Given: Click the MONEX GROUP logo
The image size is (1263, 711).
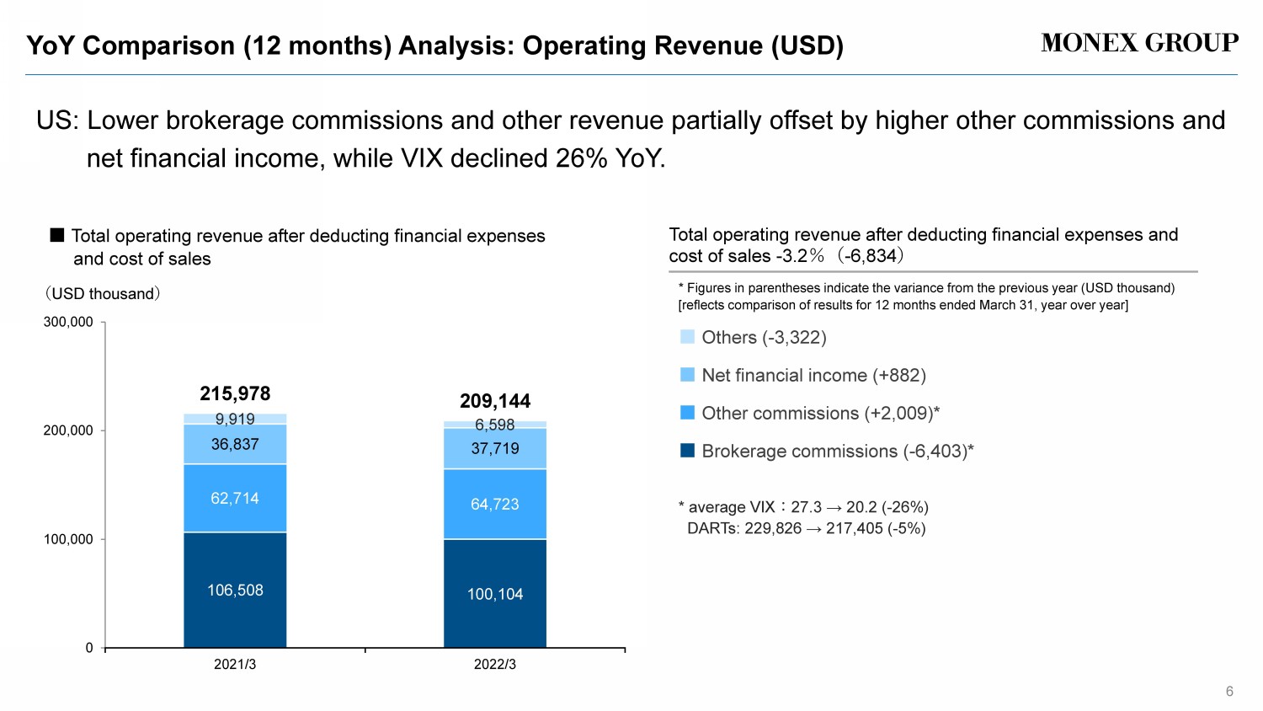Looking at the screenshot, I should coord(1139,43).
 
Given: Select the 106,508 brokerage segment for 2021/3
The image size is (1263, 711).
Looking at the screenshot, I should coord(235,590).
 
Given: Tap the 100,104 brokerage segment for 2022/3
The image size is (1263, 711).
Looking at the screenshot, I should coord(495,594).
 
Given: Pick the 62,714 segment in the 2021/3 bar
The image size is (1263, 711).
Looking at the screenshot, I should coord(235,498).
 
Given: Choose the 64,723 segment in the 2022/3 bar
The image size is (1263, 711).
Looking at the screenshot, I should coord(495,504).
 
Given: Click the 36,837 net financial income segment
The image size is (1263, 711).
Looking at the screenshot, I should coord(235,444).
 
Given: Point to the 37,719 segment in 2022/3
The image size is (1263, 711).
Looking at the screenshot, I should coord(495,448).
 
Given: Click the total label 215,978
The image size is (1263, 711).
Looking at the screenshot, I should coord(235,393).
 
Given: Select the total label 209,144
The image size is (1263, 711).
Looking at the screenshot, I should coord(495,401).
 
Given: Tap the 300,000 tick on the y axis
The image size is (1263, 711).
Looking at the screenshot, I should coord(68,322).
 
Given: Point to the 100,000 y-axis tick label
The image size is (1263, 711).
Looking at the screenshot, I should coord(68,539).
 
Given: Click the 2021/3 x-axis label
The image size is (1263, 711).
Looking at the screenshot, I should coord(235,664).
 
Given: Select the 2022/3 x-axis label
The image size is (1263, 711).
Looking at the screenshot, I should coord(495,664).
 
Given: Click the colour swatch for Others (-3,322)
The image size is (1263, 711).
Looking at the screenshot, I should coord(687,337).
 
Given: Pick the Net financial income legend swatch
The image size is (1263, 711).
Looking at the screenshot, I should coord(687,375).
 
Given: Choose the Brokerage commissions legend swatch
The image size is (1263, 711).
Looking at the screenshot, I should coord(687,451).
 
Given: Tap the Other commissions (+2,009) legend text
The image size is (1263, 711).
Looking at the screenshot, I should coord(820,413).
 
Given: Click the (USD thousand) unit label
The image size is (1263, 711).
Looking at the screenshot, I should coord(102,293).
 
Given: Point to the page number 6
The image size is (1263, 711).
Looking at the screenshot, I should coord(1229,692).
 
